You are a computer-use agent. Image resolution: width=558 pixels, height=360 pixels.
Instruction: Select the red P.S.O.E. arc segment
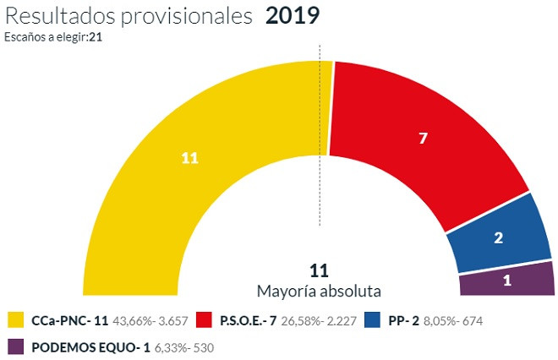(x=423, y=144)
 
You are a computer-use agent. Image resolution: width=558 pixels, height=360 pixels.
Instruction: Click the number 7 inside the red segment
(x=424, y=137)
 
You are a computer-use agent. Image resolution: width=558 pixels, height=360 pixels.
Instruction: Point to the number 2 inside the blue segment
(x=499, y=238)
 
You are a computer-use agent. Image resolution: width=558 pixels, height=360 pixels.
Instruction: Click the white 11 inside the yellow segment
(x=189, y=158)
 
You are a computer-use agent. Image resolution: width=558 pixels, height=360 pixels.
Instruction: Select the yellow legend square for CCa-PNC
(x=15, y=320)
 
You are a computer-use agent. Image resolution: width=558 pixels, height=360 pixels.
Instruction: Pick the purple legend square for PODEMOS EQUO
(x=15, y=346)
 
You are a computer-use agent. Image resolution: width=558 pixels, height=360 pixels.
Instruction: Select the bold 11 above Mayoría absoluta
(x=319, y=271)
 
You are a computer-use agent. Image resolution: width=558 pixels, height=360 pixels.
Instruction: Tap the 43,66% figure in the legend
(x=135, y=321)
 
